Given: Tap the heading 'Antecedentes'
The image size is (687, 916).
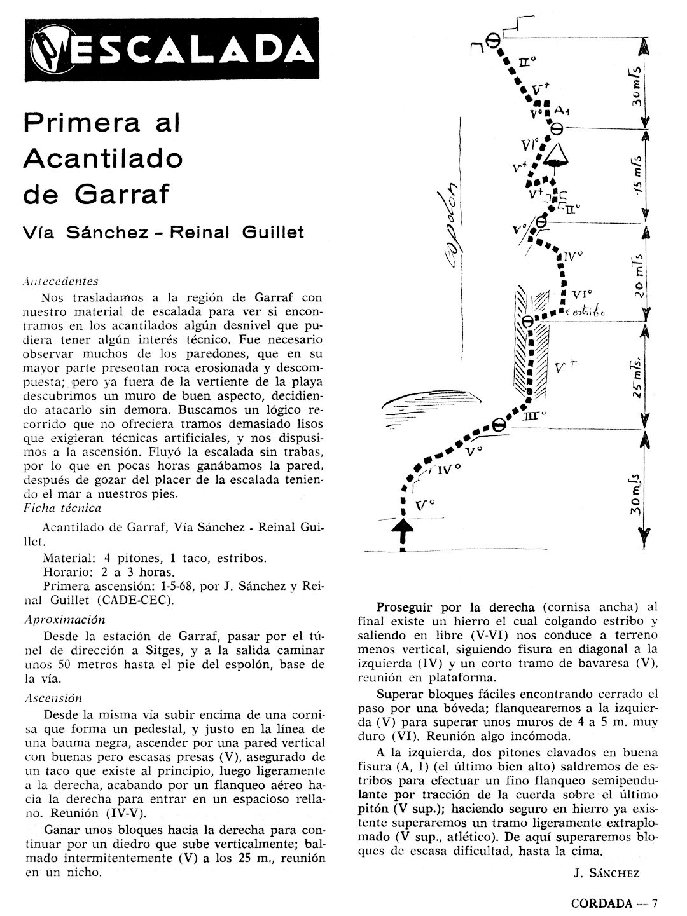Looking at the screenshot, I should click(60, 280).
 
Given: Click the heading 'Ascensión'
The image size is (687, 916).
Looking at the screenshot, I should click(53, 697).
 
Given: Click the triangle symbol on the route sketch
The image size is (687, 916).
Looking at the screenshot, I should click(559, 154).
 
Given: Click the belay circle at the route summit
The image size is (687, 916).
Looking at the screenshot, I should click(492, 40).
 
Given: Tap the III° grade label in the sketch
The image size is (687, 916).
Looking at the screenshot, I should click(532, 417).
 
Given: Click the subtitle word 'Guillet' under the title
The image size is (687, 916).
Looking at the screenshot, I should click(274, 232).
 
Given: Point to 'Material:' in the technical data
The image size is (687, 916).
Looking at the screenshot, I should click(69, 557).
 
